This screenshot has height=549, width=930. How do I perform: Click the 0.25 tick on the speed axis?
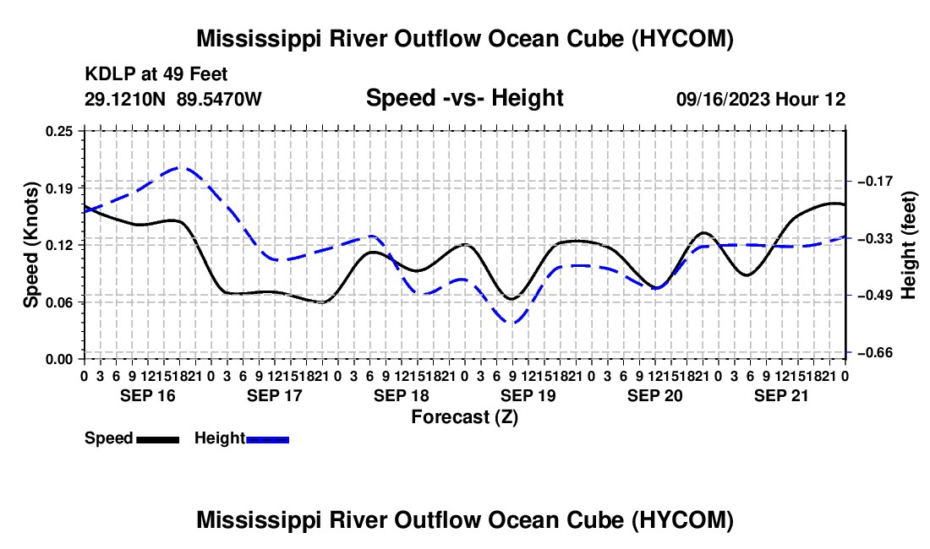(x=59, y=131)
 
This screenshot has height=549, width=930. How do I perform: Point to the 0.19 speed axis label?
(x=59, y=188)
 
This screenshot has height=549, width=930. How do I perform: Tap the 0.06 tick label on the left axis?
(x=59, y=302)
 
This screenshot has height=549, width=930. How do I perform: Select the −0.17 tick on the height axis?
(x=876, y=182)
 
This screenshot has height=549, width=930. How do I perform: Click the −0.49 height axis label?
(x=876, y=296)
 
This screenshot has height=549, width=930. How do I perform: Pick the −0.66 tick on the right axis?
(x=876, y=353)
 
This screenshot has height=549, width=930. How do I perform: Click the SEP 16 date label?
(x=148, y=395)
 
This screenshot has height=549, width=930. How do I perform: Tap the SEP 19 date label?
(x=528, y=395)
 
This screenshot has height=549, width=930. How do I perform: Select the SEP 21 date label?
(x=781, y=395)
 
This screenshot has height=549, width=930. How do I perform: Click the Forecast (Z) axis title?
(x=464, y=417)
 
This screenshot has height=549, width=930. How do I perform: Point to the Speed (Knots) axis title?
(x=30, y=245)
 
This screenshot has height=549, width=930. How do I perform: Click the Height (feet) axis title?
(x=908, y=245)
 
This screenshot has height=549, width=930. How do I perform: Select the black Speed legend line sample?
(x=158, y=439)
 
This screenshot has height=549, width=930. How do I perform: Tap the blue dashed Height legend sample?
(x=267, y=439)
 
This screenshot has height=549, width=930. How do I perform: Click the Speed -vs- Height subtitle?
(x=464, y=98)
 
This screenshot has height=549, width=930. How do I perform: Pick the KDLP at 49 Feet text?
(x=156, y=74)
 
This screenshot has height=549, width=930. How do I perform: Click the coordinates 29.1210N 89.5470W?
(x=172, y=99)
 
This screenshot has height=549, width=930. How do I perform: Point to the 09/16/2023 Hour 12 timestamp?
(x=761, y=99)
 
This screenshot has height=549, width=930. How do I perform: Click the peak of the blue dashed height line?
(x=180, y=167)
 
